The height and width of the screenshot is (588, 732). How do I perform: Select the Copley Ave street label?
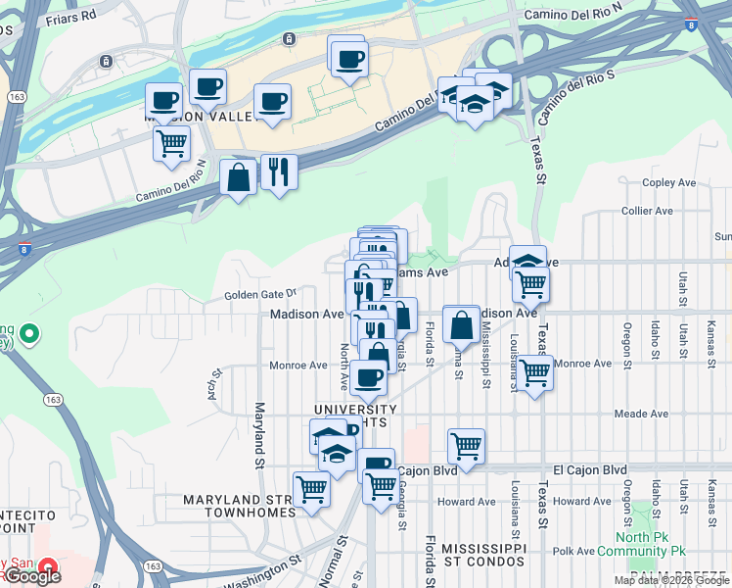coord(668,183)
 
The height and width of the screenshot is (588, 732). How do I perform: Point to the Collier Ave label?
coord(647,211)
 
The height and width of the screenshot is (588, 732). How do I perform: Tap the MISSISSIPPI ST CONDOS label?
coord(483,555)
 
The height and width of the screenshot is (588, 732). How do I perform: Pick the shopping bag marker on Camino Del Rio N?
coord(238,178)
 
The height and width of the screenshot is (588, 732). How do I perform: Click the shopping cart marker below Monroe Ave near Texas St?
coord(535,373)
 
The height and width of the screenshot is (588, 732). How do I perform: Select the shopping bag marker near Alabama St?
coord(460,322)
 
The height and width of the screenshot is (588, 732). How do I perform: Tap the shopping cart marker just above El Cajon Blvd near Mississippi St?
coord(467,445)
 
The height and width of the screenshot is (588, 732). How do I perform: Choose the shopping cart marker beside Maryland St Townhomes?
coord(312,487)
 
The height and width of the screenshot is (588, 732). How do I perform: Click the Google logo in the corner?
coord(32,576)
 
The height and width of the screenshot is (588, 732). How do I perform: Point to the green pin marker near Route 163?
coord(27,335)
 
